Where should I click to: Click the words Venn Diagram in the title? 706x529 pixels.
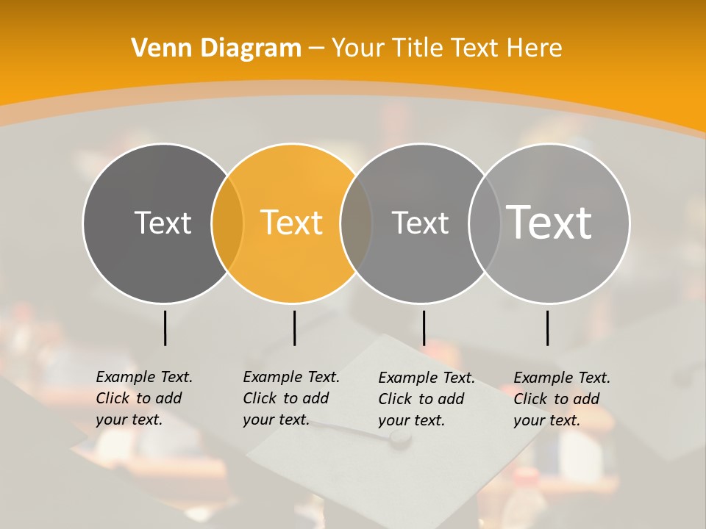click(x=216, y=48)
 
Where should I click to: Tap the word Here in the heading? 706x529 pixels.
click(x=532, y=48)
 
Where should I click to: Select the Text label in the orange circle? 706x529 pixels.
click(x=292, y=223)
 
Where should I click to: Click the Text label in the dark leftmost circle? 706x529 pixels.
click(x=163, y=223)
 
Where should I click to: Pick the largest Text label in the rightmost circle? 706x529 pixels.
click(x=549, y=222)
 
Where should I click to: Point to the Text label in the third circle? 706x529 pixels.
click(x=420, y=223)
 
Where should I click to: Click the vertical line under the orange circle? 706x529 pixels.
click(x=294, y=328)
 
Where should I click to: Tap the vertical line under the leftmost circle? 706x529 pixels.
click(x=165, y=328)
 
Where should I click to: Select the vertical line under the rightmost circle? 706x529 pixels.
click(x=547, y=328)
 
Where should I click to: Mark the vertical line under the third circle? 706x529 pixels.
click(x=424, y=328)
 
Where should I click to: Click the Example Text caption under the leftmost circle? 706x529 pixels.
click(x=144, y=398)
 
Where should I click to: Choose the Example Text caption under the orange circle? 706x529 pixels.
click(x=291, y=398)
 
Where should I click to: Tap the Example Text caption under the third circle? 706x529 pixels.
click(x=427, y=399)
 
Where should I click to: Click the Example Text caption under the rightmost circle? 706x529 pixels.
click(x=562, y=399)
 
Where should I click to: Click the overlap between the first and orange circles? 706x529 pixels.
click(x=227, y=223)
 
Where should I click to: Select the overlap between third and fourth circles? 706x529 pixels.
click(x=485, y=223)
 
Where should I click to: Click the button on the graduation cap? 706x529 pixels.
click(x=399, y=438)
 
